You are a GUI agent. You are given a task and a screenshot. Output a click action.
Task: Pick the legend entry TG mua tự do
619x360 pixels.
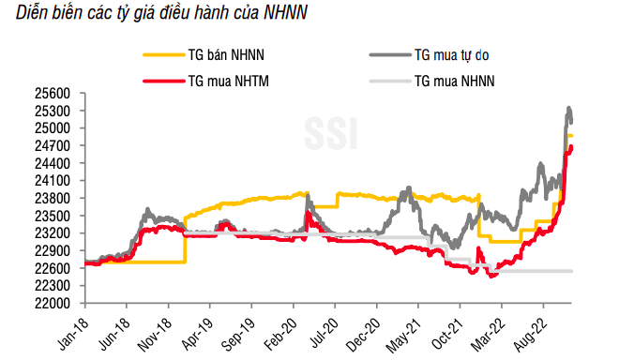[453, 56]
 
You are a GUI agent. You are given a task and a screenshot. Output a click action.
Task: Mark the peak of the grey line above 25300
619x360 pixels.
[568, 109]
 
